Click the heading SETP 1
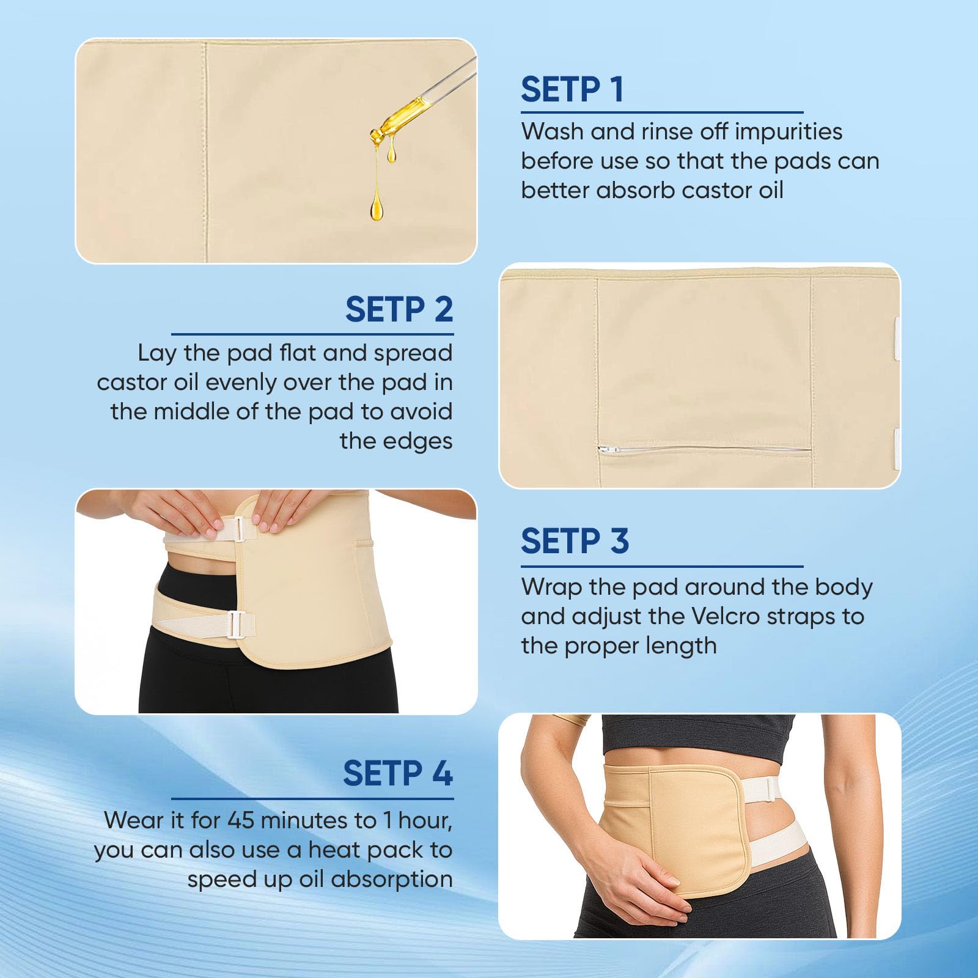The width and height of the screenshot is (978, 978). coord(572,90)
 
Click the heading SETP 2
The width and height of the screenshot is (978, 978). coord(399,309)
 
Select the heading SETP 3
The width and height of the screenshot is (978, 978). coord(575,541)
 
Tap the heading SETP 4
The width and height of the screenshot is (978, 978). coord(398,773)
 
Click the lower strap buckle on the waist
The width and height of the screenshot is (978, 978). coord(236,625)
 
